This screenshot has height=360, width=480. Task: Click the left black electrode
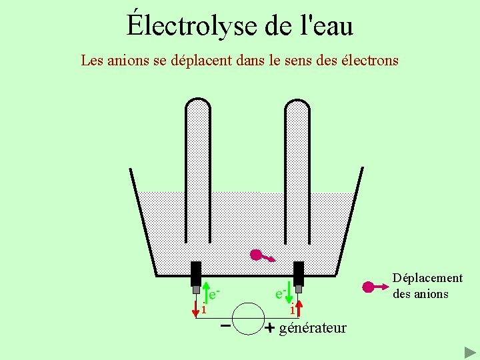coord(196,273)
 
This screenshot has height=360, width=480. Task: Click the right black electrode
coord(299,273)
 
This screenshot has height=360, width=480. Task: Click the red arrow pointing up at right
coord(299,307)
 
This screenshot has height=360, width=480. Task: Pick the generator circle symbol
coord(247,318)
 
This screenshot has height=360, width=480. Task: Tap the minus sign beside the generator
coord(225,327)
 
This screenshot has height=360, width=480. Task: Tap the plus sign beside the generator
coord(269,328)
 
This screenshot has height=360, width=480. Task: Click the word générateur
coord(313,328)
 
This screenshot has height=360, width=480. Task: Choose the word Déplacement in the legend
coord(427,278)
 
